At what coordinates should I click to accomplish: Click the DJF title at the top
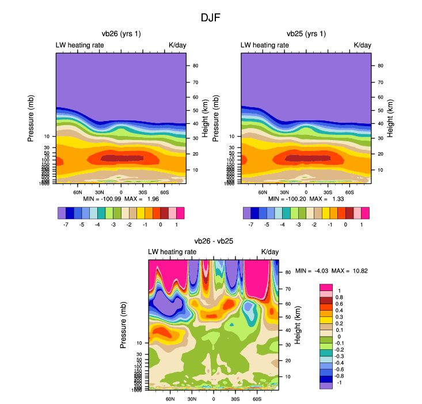(x=210, y=17)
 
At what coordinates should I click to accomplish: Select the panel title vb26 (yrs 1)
(x=121, y=34)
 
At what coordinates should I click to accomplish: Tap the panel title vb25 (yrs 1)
(x=306, y=34)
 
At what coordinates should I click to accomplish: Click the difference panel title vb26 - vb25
(x=214, y=241)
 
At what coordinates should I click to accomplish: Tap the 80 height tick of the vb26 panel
(x=195, y=66)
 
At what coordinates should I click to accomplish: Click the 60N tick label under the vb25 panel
(x=263, y=192)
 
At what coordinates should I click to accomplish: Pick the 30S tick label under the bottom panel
(x=235, y=398)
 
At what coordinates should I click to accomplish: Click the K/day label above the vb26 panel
(x=177, y=45)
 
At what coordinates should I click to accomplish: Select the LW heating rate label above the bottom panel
(x=172, y=252)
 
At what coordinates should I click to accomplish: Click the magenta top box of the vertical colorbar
(x=326, y=287)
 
